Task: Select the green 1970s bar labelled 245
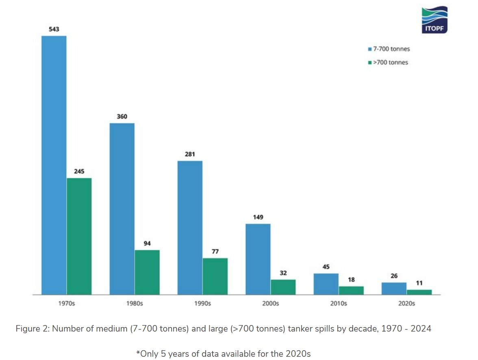pos(79,236)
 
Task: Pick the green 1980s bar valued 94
pos(147,272)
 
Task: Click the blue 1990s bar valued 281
pos(190,227)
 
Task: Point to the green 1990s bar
pos(215,276)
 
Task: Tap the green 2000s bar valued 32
pos(283,287)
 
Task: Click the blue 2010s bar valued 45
pos(326,284)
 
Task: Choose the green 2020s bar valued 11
pos(419,292)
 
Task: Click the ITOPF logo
pos(434,20)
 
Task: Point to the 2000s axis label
pos(270,304)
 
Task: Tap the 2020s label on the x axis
pos(406,304)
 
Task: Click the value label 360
pos(122,117)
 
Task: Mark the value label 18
pos(351,280)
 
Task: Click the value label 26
pos(394,276)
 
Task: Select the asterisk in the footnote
pos(138,353)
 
